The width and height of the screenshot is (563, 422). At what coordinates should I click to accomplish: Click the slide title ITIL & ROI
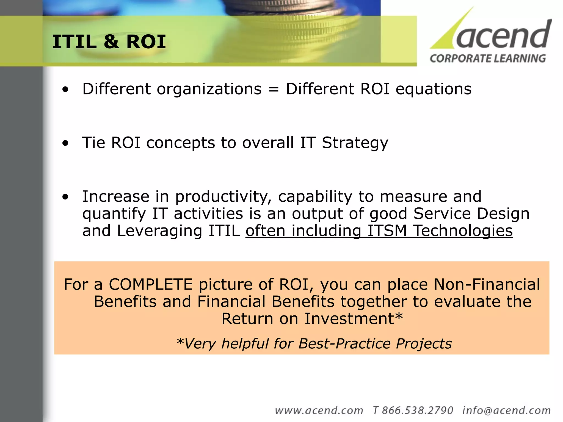pos(109,42)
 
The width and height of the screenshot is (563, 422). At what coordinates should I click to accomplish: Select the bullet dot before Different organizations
pos(65,90)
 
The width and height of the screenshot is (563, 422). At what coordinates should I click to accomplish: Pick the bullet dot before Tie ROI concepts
pos(65,143)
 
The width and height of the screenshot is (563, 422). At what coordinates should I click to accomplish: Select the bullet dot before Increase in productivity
pos(65,197)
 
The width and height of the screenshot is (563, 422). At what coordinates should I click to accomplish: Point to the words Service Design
pos(471,214)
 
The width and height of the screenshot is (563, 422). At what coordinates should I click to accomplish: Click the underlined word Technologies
pos(463,231)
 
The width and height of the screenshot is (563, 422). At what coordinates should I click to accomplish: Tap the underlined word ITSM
pos(387,231)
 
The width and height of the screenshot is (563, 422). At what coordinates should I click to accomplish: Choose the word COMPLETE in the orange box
pos(151,284)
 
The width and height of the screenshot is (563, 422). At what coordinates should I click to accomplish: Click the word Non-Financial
pos(487,284)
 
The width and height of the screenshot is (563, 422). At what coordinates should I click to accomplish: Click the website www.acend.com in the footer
pos(319,410)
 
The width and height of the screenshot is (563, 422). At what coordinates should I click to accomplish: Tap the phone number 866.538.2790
pos(417,410)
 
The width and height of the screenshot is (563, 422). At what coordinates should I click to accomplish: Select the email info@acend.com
pos(506,410)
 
